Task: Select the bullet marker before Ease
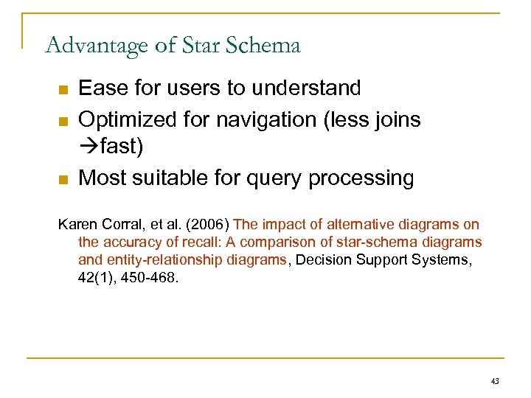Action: tap(63, 90)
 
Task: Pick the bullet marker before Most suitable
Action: tap(63, 179)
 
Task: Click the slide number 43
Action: tap(495, 381)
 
